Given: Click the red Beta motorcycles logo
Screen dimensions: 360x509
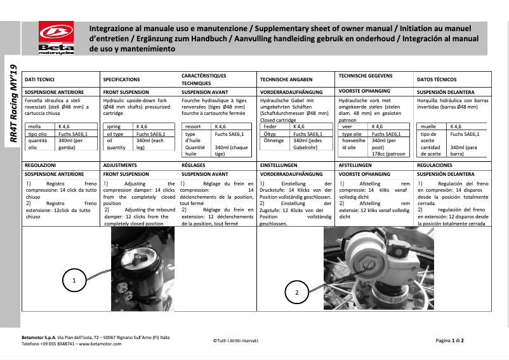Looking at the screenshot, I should [55, 39].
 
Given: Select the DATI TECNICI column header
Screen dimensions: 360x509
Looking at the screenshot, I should [39, 79].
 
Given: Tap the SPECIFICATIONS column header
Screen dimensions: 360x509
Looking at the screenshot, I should [121, 79].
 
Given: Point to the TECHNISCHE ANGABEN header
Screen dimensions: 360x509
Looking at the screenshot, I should [286, 79].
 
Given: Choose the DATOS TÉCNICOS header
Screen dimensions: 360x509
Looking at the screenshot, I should [437, 79].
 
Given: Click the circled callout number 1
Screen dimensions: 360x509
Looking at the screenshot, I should [74, 279].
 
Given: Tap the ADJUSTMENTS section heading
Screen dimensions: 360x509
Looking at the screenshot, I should [120, 164].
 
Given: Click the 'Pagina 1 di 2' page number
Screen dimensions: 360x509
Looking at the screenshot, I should [450, 340].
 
